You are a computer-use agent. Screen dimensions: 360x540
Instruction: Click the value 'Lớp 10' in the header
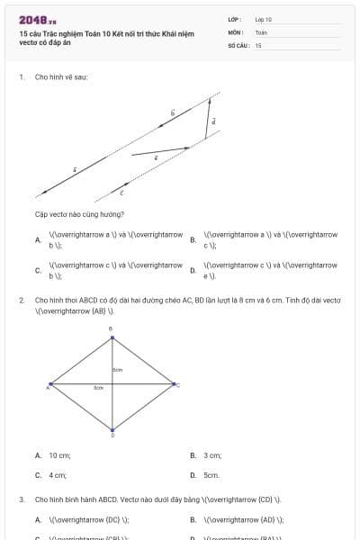pyautogui.click(x=264, y=19)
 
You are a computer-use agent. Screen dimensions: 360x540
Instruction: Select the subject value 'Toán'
pyautogui.click(x=261, y=31)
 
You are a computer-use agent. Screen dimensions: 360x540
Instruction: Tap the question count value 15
pyautogui.click(x=258, y=44)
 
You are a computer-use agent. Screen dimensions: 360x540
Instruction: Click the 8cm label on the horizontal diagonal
pyautogui.click(x=99, y=388)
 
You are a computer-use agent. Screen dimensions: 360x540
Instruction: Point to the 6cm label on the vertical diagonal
pyautogui.click(x=117, y=370)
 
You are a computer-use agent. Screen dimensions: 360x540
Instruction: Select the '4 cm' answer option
pyautogui.click(x=58, y=474)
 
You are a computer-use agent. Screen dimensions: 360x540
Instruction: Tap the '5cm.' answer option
pyautogui.click(x=211, y=474)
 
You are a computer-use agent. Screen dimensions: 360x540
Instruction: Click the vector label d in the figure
pyautogui.click(x=213, y=121)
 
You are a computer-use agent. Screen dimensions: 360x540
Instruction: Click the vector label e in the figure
pyautogui.click(x=156, y=157)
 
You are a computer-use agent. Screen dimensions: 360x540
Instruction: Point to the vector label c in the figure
pyautogui.click(x=121, y=193)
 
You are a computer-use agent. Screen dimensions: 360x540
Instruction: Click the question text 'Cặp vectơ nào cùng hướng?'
pyautogui.click(x=79, y=214)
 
